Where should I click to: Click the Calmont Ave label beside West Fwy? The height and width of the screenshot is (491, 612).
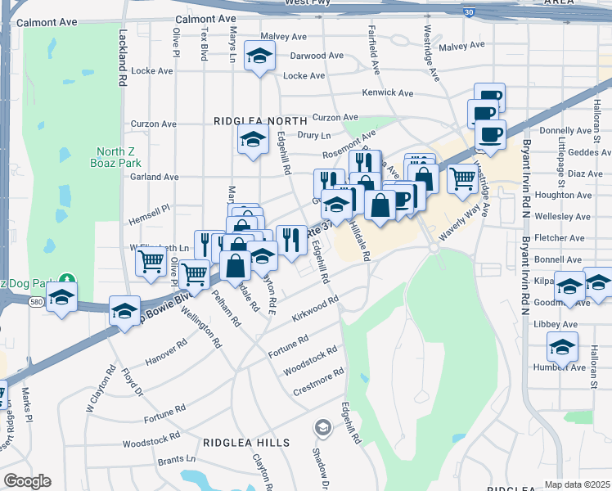(205, 18)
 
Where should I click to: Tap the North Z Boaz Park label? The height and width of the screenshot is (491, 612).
(115, 157)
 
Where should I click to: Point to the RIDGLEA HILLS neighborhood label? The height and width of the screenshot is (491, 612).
(246, 442)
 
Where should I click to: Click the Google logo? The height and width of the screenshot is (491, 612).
(27, 481)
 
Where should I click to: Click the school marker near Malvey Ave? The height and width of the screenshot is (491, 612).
(261, 56)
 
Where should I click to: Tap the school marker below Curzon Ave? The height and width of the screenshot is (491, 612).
(253, 138)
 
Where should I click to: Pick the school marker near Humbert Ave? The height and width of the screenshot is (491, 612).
(562, 345)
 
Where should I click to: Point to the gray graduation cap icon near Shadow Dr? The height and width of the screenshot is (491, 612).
(323, 427)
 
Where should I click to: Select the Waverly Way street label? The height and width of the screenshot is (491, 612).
(458, 222)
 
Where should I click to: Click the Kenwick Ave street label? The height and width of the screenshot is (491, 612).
(386, 93)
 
